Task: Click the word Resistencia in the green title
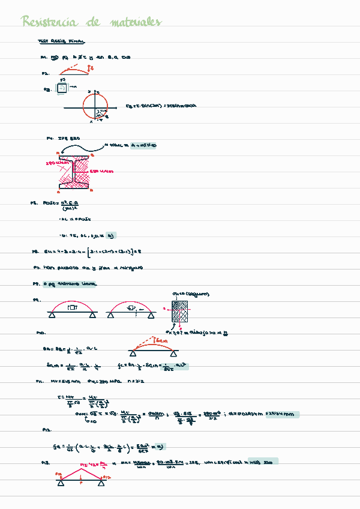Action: [x=49, y=23]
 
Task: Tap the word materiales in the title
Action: [x=136, y=23]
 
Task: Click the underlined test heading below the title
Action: [x=61, y=42]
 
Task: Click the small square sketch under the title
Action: [x=62, y=88]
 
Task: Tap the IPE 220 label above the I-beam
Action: [x=68, y=138]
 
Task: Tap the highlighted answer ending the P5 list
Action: [x=110, y=235]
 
